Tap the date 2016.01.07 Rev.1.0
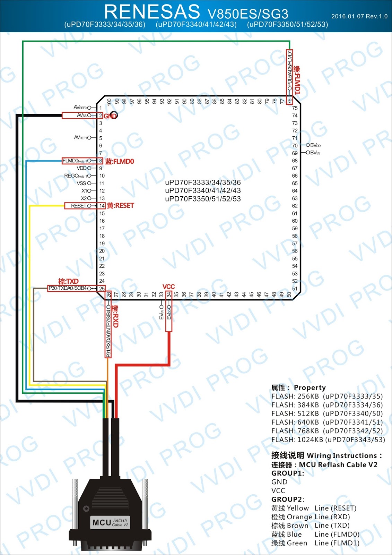359,16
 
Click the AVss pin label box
82,115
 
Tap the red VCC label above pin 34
168,287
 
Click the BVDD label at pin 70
315,145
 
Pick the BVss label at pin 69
315,153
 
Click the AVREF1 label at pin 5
80,138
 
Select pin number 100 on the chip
109,102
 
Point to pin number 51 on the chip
295,289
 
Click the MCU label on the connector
102,522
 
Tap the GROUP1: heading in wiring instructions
288,473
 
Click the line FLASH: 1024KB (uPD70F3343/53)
328,439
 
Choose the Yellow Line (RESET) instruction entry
314,508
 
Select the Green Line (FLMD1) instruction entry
315,543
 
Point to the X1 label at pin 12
84,191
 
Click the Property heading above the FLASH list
298,387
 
